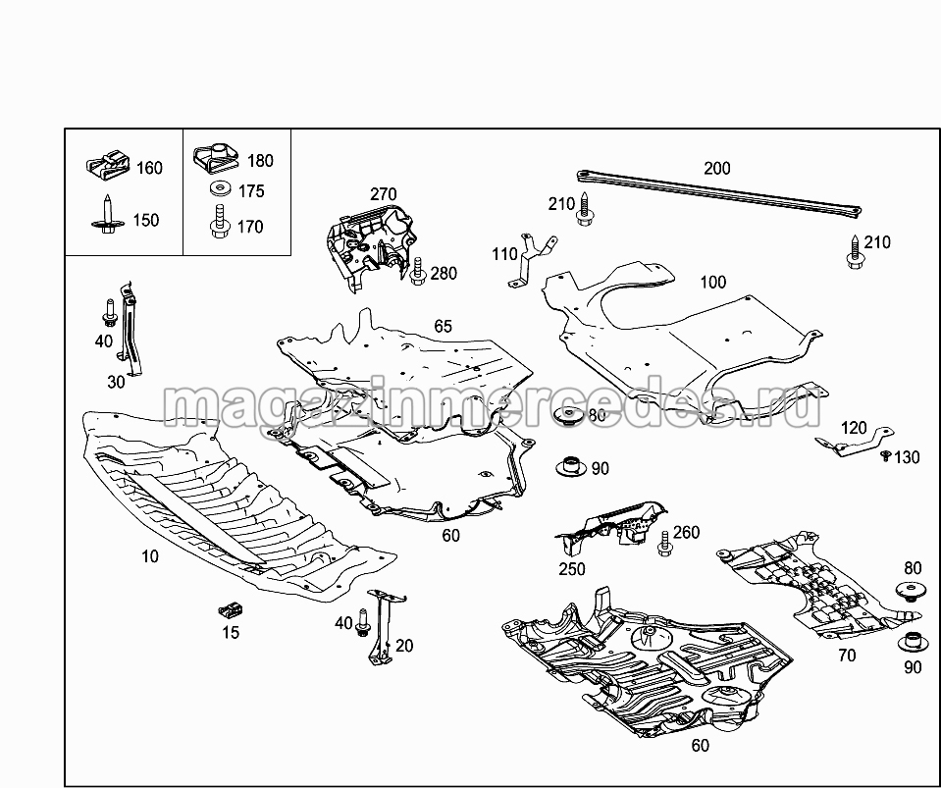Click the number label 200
click(x=717, y=168)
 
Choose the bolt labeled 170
click(x=217, y=222)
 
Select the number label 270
click(x=383, y=193)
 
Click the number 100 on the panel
click(x=713, y=283)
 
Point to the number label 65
click(x=444, y=326)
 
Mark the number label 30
click(x=116, y=383)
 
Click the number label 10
click(x=149, y=556)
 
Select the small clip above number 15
click(x=230, y=610)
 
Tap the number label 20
click(x=404, y=646)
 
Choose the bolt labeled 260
click(x=663, y=538)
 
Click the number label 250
click(x=571, y=569)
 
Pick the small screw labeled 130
click(x=885, y=456)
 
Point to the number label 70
click(x=846, y=656)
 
